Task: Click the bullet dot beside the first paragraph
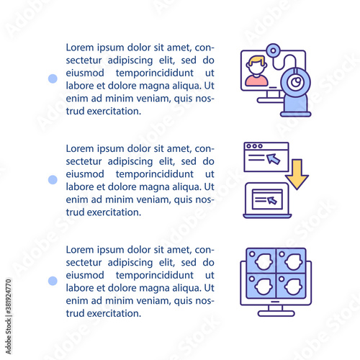point(53,78)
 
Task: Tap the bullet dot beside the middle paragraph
point(53,180)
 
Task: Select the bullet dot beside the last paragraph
point(53,281)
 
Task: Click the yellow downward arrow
point(297,174)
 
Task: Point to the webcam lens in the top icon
point(296,83)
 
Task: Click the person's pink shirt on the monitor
point(256,81)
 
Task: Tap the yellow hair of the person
point(256,60)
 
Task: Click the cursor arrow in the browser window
point(273,158)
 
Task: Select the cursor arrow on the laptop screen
point(272,200)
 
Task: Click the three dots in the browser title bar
point(255,146)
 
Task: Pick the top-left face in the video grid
point(264,261)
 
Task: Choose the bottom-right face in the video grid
point(293,287)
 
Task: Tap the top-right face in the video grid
point(293,261)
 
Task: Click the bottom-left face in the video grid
point(264,287)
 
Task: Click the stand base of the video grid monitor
point(276,313)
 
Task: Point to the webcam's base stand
point(295,114)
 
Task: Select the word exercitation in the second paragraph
point(114,212)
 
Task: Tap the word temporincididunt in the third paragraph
point(155,276)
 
